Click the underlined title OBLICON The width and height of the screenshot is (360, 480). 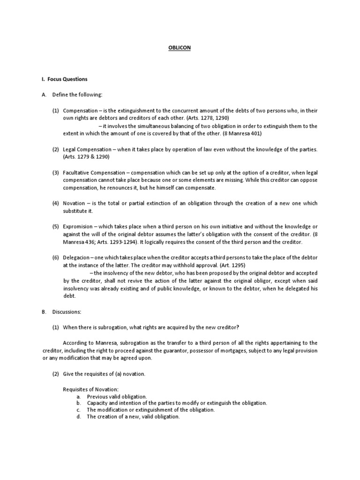[180, 48]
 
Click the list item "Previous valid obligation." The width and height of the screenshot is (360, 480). [117, 396]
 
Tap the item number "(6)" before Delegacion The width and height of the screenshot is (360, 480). [55, 257]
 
